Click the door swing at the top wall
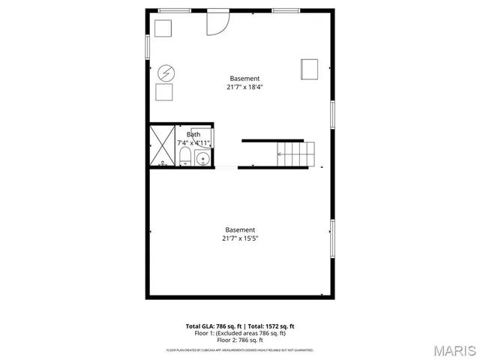[217, 22]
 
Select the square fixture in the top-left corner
[163, 28]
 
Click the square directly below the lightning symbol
[164, 93]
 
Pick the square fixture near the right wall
[309, 69]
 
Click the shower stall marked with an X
[162, 145]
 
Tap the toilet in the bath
[184, 157]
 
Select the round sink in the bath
[202, 158]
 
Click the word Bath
[193, 135]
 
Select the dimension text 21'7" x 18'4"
[244, 87]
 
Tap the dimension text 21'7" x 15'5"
[240, 238]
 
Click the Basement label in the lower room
[240, 229]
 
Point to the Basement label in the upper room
[244, 78]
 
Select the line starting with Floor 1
[240, 333]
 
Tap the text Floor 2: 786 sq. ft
[240, 340]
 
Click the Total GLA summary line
[240, 326]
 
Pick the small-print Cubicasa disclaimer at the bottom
[240, 350]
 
